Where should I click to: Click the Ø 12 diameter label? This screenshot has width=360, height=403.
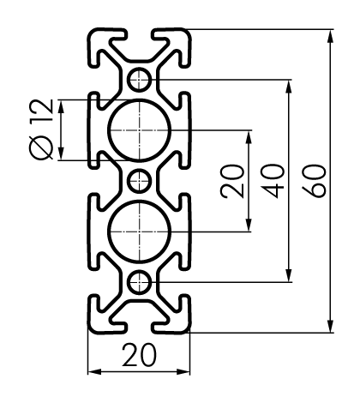click(41, 129)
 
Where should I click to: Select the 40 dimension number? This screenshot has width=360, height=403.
click(273, 181)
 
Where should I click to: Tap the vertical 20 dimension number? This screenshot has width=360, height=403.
click(232, 181)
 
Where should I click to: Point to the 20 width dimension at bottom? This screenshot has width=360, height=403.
click(140, 355)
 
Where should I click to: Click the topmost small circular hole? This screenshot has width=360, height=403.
click(139, 80)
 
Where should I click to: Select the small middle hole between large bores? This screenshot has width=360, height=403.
click(139, 181)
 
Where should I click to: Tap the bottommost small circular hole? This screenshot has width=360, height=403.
click(139, 282)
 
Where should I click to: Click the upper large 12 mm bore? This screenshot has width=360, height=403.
click(109, 130)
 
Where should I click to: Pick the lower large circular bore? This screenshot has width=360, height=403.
click(109, 232)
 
